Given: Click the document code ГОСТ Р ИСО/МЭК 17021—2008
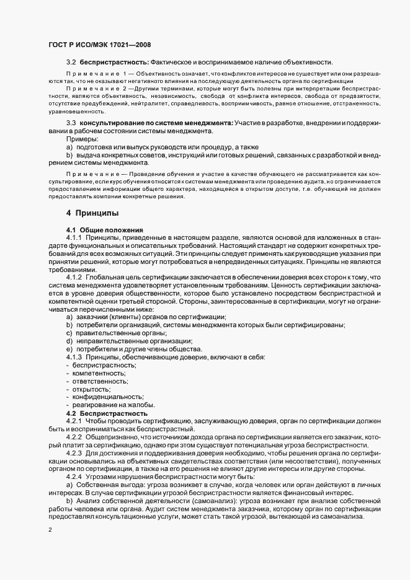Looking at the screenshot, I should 99,45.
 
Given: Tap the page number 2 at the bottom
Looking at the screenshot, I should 50,530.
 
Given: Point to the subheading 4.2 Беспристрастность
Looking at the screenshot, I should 107,413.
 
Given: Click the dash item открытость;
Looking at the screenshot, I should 92,389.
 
